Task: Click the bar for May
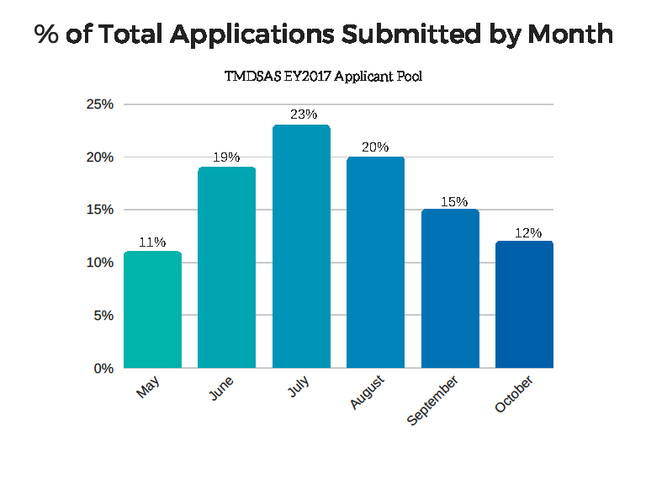152,309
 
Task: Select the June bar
226,267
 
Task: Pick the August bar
375,262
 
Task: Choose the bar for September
450,288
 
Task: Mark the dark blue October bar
524,304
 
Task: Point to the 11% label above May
153,242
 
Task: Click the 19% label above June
227,157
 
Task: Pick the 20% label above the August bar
375,147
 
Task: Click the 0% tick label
103,368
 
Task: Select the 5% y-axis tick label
103,316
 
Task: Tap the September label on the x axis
433,402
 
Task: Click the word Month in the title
569,35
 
